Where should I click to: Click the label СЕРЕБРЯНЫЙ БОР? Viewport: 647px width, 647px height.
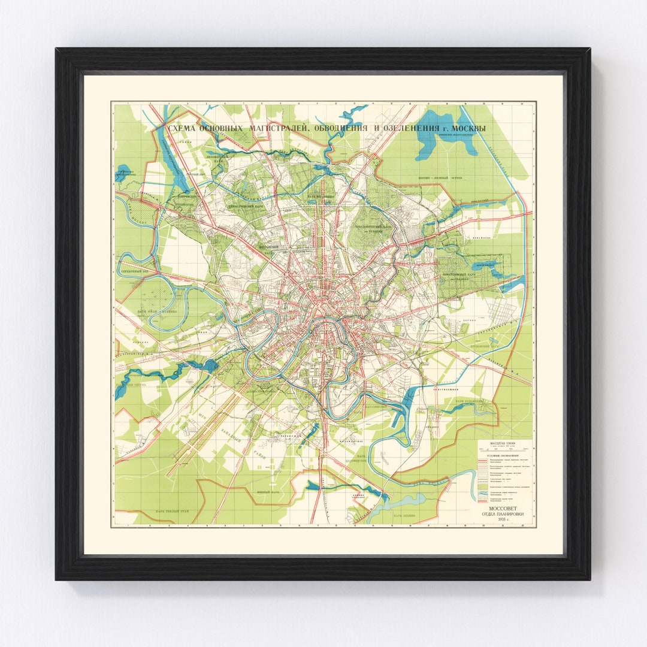(x=135, y=271)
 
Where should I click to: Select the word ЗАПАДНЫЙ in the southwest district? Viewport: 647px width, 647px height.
(x=235, y=438)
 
